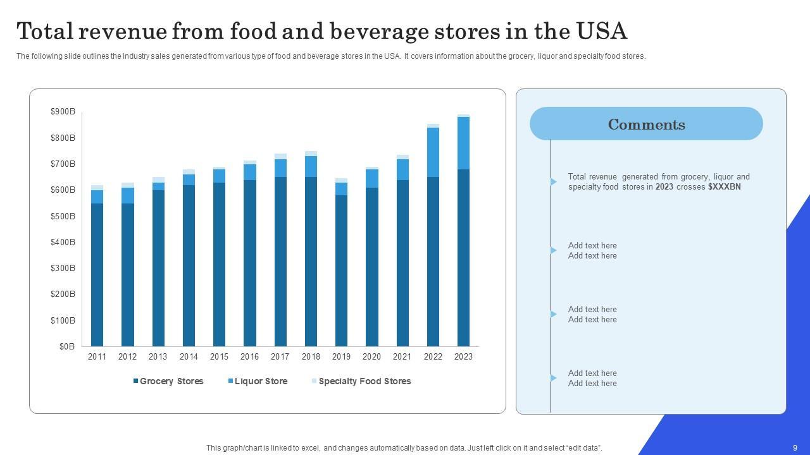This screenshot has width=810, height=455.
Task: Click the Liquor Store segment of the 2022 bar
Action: click(x=433, y=152)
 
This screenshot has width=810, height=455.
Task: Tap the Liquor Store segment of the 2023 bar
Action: click(x=463, y=143)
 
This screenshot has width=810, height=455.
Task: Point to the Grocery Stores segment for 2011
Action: click(x=97, y=275)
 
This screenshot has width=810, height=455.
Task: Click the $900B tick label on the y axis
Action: click(x=63, y=112)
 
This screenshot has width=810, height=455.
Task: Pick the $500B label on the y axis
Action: click(x=63, y=216)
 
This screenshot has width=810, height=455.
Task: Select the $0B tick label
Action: click(x=67, y=346)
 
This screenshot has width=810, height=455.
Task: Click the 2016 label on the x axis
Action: click(x=249, y=356)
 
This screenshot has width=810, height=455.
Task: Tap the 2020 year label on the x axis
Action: click(x=371, y=356)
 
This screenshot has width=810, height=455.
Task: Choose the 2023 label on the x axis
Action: click(x=463, y=356)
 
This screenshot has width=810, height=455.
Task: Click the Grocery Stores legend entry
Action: click(x=168, y=381)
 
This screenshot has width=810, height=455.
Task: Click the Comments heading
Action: click(x=646, y=124)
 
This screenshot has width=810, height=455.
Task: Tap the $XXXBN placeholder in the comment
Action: click(x=725, y=187)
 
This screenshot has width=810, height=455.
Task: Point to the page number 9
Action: click(x=795, y=447)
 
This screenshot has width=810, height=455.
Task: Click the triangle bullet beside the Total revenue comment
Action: click(x=554, y=182)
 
